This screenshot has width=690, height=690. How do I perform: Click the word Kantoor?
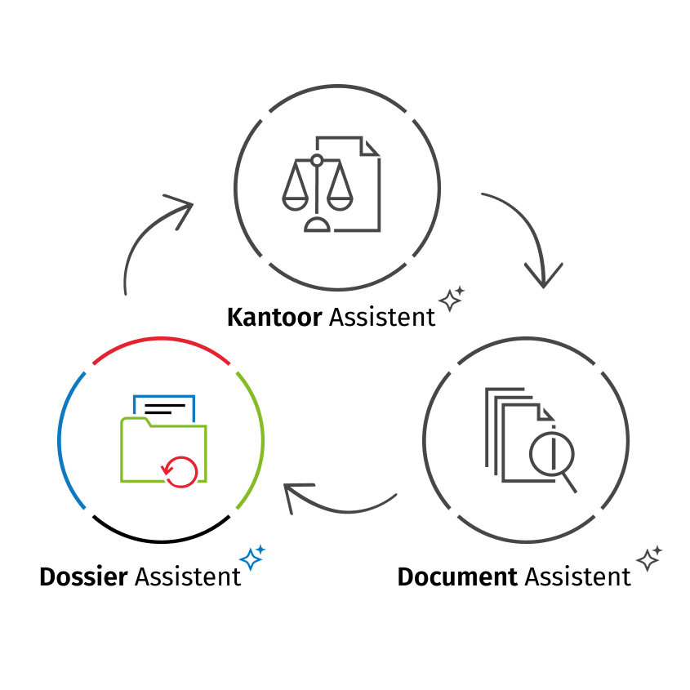pos(274,317)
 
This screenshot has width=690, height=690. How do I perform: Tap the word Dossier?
pos(83,576)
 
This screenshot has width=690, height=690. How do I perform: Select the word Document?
pos(457,576)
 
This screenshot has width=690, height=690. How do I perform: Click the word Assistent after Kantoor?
pos(382,317)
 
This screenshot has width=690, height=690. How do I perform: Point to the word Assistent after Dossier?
pos(188,576)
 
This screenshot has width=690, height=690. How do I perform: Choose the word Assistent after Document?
pos(577,576)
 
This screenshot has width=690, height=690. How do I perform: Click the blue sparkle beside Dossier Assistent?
pos(252,558)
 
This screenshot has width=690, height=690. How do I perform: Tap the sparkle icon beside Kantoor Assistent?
pos(451,299)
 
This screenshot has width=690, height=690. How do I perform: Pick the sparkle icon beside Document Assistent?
pos(649,559)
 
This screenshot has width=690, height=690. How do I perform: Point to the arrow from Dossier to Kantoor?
pos(147,237)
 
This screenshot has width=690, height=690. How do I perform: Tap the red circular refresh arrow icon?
pos(180,470)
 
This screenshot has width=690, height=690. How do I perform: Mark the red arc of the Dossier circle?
pos(161,341)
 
